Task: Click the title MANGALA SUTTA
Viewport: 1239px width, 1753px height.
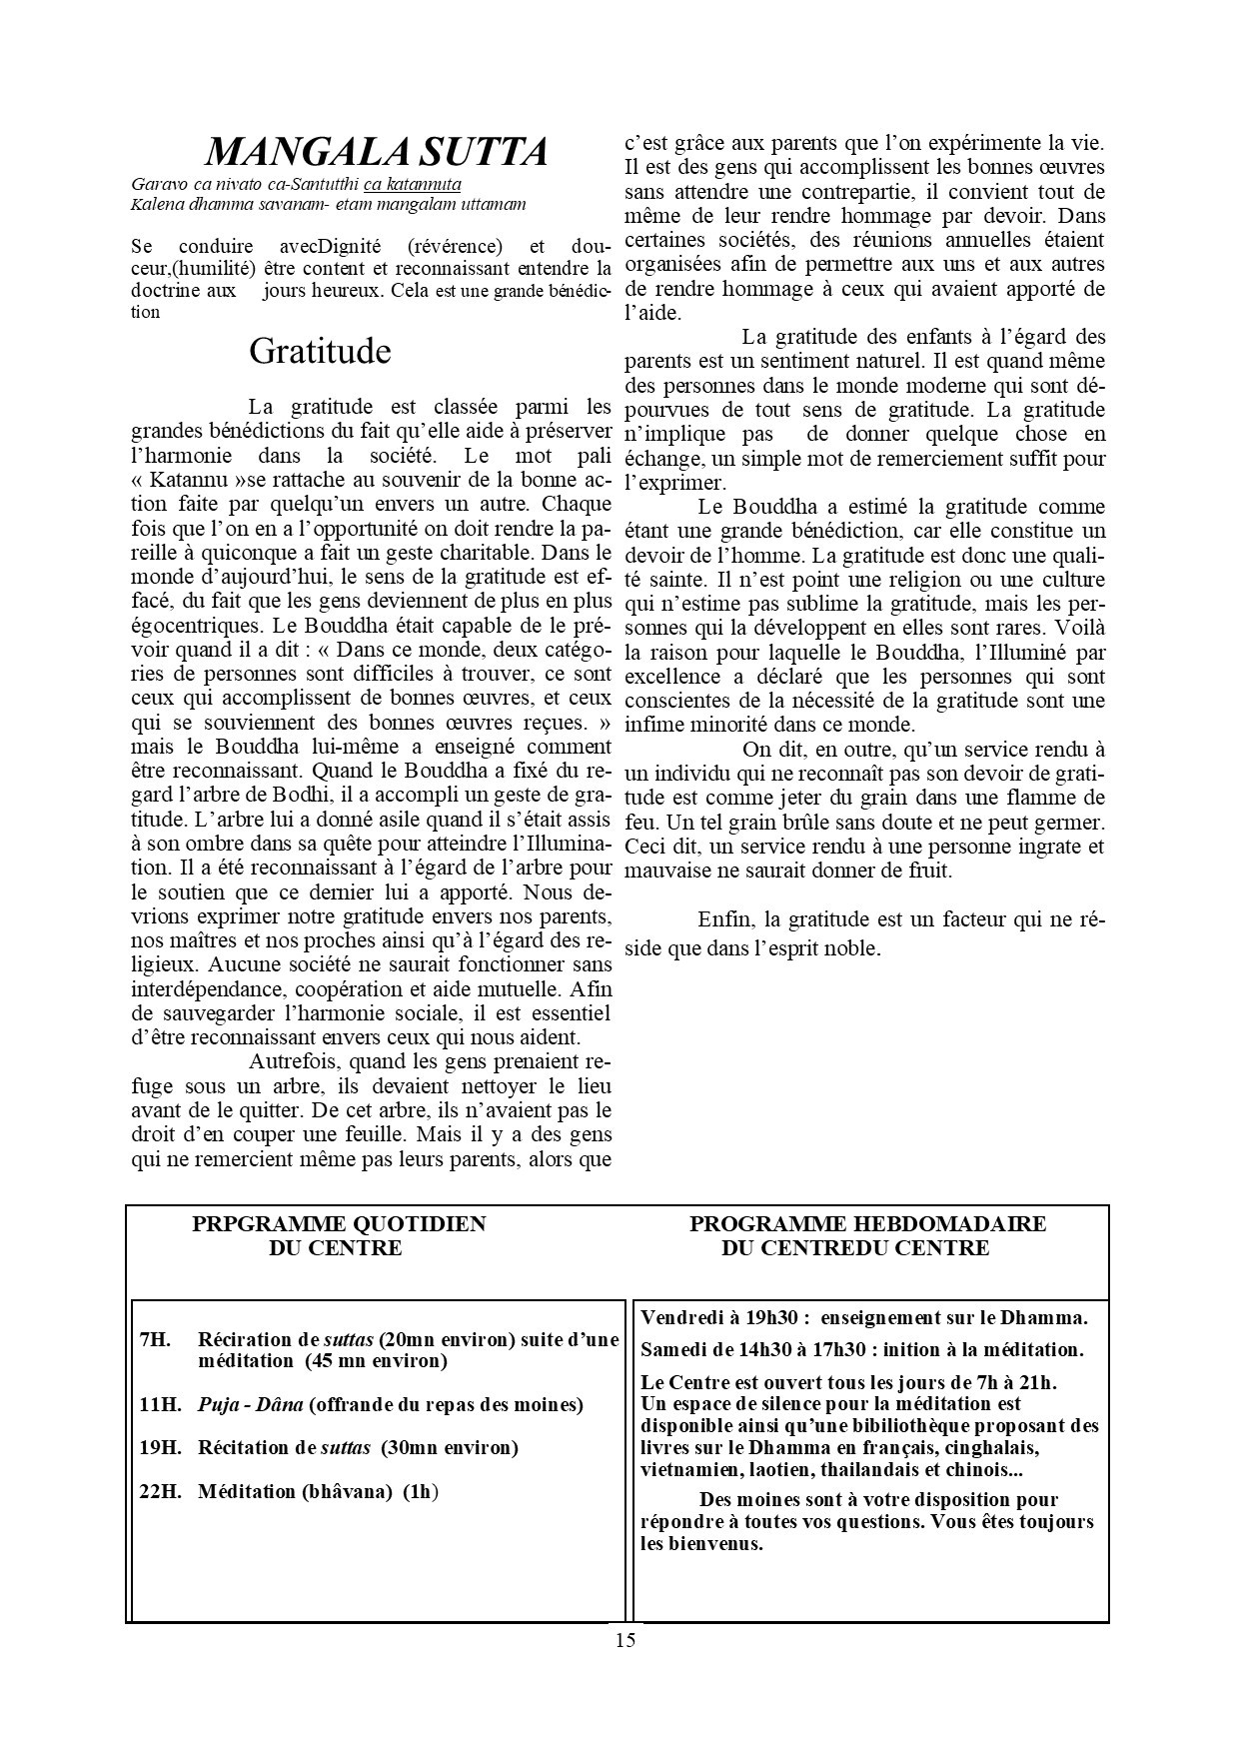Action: (x=376, y=152)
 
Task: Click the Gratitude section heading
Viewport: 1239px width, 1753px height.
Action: (x=320, y=351)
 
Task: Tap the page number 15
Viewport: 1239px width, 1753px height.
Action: (x=625, y=1640)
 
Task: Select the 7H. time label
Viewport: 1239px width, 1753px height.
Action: (x=156, y=1339)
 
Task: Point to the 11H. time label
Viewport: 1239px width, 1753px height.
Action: (x=160, y=1404)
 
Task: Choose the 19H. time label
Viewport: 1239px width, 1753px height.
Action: (x=160, y=1447)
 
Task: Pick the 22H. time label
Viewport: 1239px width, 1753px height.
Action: (x=160, y=1492)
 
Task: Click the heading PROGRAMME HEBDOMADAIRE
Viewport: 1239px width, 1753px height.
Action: (x=867, y=1224)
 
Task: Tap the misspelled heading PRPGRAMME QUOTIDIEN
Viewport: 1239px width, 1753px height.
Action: (x=339, y=1224)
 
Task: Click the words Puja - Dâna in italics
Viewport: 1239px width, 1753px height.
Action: (x=251, y=1404)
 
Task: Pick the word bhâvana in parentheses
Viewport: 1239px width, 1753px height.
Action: (x=343, y=1492)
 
